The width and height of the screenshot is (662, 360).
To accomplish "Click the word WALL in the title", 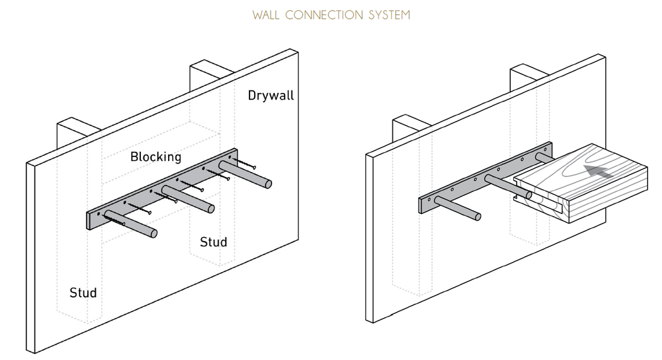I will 266,15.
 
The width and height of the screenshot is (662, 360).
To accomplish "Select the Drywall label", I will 271,96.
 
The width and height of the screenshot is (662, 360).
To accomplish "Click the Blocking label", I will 156,156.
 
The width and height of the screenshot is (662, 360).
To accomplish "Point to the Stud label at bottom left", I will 83,293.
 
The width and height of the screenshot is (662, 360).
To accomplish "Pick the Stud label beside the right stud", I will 213,242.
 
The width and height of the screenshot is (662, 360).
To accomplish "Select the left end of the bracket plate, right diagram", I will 423,204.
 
